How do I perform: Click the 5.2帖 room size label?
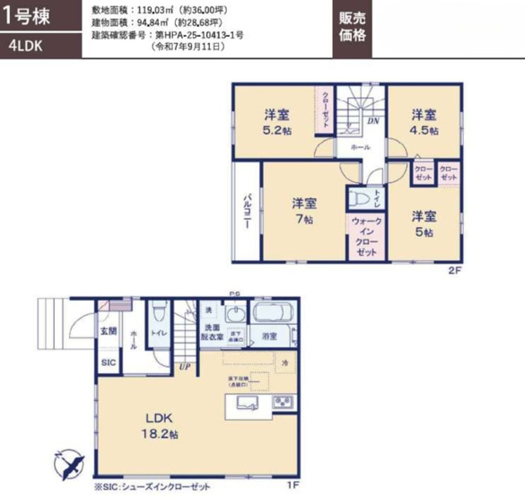pyautogui.click(x=276, y=122)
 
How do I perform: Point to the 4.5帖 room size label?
pyautogui.click(x=424, y=122)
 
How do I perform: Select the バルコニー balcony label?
pyautogui.click(x=247, y=211)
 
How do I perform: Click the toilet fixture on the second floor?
pyautogui.click(x=356, y=199)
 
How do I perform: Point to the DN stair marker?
pyautogui.click(x=373, y=119)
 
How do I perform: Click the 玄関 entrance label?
pyautogui.click(x=108, y=331)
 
